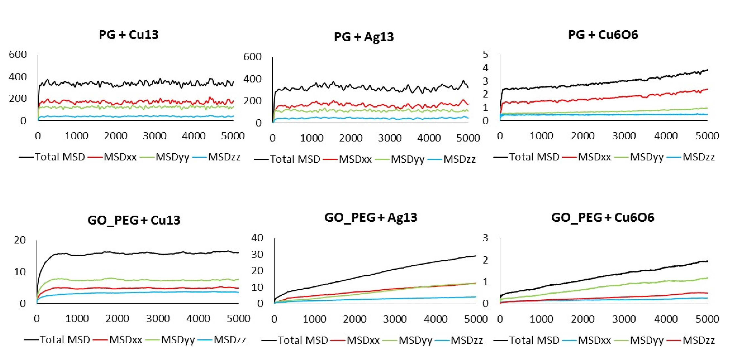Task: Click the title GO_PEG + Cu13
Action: coord(134,220)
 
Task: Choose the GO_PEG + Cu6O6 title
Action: coord(603,217)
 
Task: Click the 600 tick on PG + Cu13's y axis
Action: coord(18,54)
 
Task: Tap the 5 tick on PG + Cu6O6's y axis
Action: coord(486,54)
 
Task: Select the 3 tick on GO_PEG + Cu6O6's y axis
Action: coord(486,238)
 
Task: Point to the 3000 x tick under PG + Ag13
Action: coord(390,138)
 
